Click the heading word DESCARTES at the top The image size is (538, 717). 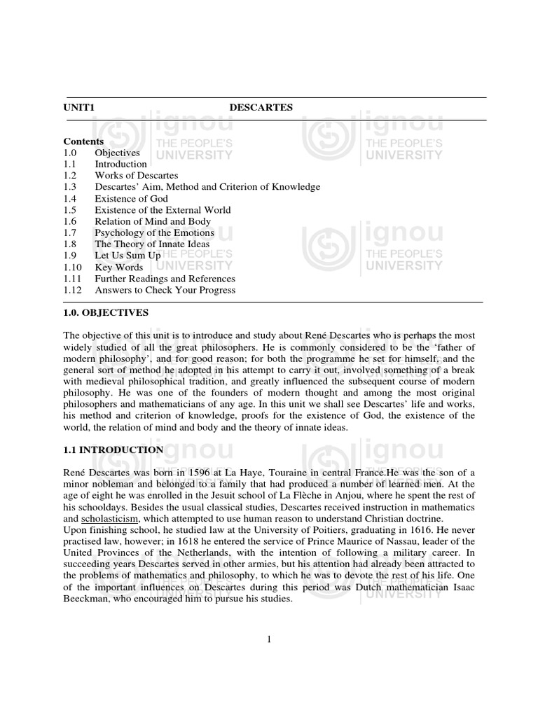coord(261,107)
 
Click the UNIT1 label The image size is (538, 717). coord(78,107)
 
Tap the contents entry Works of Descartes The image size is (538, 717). coord(137,175)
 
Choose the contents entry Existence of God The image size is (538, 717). coord(132,198)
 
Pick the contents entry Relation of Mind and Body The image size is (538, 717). coord(153,221)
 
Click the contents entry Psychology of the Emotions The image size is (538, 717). coord(155,232)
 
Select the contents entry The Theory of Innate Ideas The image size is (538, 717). coord(153,244)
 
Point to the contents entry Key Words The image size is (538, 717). coord(119,267)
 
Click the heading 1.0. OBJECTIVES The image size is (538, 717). coord(106,312)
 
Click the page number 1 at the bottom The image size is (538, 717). coord(269,639)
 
